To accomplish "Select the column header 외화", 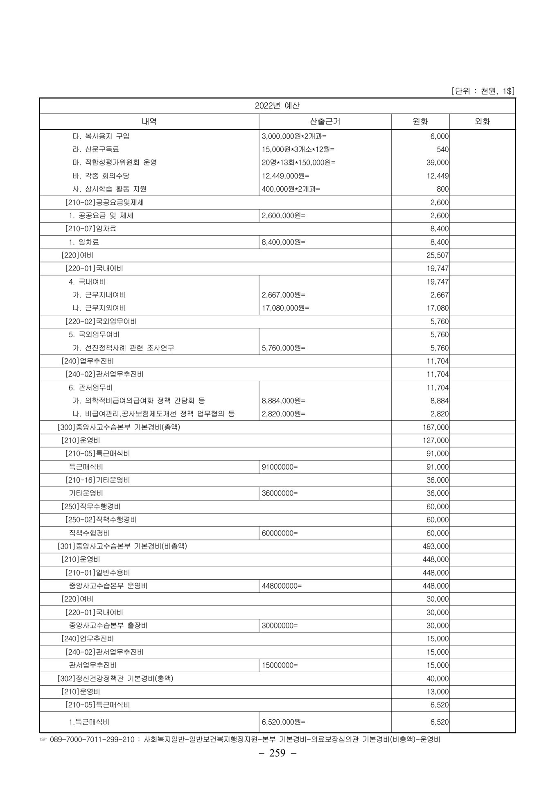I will [482, 121].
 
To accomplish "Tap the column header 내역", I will [149, 121].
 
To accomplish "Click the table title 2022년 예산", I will [277, 106].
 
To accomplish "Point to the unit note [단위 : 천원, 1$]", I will [483, 91].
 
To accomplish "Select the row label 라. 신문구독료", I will [96, 149].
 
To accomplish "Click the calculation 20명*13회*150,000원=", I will [298, 163].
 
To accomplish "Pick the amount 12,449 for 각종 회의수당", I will [437, 176].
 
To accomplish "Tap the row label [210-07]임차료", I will [91, 228].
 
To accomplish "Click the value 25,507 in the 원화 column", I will [437, 255].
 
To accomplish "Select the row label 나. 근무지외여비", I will [99, 308].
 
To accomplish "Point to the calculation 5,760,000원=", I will [283, 348].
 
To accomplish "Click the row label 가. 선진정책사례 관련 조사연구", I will [123, 348].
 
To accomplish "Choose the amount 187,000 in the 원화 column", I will [435, 427].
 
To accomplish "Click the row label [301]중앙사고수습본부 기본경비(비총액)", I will [122, 546].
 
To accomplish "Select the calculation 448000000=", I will [282, 586].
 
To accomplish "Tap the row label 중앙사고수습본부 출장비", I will [108, 626].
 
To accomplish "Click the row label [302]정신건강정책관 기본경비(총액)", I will [115, 678].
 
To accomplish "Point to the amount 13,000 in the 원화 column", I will [437, 692].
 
